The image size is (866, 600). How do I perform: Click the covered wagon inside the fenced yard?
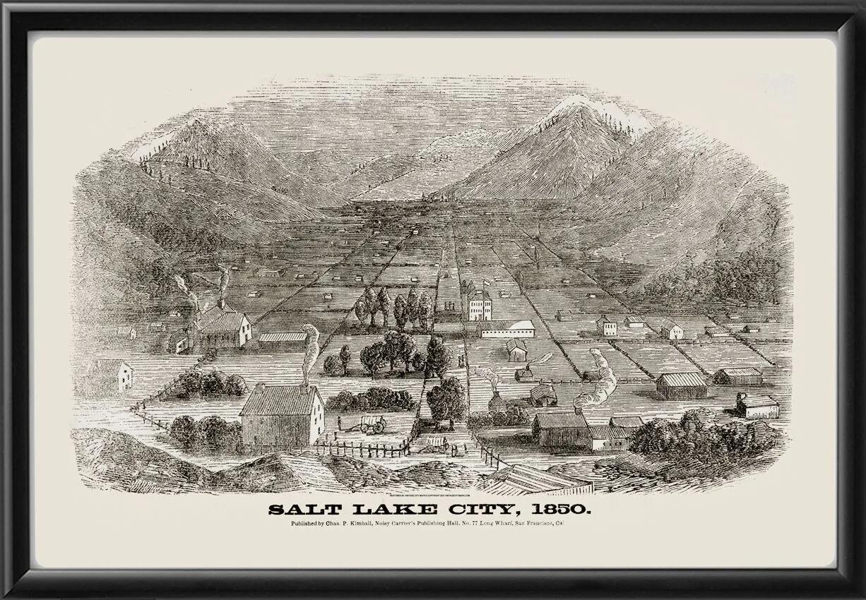pos(374,423)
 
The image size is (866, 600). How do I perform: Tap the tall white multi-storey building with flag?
pos(480,305)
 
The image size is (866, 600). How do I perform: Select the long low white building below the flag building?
pos(506,328)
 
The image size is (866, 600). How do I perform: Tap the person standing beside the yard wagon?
pos(340,424)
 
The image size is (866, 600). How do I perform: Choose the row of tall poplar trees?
pos(396,308)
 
